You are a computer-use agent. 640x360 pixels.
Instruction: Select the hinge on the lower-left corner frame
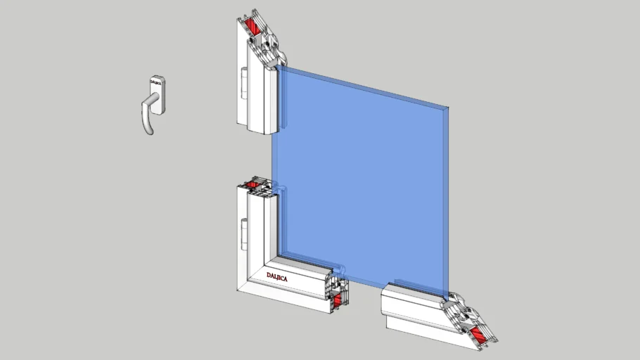(244, 229)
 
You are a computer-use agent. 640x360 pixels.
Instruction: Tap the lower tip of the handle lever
(148, 131)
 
